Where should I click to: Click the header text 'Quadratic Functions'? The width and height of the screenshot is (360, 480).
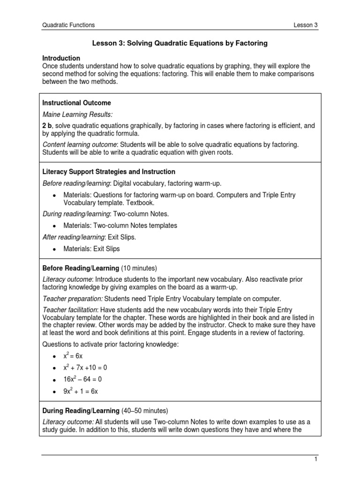coord(68,25)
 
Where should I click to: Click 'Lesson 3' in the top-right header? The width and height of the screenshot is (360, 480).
coord(305,25)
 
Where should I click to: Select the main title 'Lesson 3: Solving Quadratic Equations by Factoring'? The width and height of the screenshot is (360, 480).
coord(180,43)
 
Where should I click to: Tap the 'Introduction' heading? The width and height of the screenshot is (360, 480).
coord(61,58)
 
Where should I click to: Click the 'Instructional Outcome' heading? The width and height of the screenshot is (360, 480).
coord(76,102)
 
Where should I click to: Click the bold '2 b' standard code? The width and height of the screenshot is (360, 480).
coord(47,126)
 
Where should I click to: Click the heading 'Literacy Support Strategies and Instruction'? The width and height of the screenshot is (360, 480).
coord(109,172)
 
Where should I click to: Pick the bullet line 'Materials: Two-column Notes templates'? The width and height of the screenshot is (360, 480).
coord(120,225)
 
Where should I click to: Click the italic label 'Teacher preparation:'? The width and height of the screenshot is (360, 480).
coord(73,299)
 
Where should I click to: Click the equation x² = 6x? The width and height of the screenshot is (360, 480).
coord(73,357)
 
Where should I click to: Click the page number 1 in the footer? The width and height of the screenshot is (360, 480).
coord(316,460)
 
